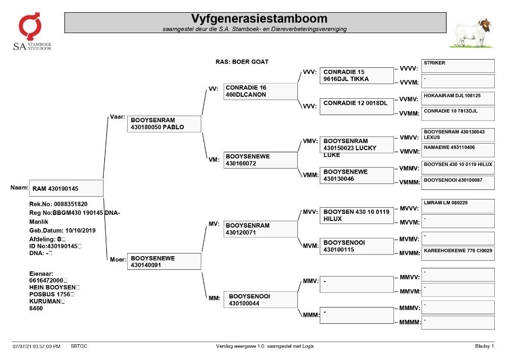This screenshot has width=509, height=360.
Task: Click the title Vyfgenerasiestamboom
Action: point(259,18)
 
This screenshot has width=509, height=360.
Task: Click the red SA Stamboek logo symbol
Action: point(30,26)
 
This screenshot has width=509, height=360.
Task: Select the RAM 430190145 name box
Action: point(66,188)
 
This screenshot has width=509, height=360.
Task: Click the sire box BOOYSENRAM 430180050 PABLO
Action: point(164,124)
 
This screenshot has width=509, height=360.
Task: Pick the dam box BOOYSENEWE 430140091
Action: point(164,261)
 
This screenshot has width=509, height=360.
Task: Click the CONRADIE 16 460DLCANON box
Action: point(260,91)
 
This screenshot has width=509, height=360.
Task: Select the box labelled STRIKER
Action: point(458,66)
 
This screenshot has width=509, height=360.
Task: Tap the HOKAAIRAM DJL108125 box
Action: point(458,98)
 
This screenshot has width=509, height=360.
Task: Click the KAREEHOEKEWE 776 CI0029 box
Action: point(458,254)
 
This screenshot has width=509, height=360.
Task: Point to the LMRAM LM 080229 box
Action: point(458,206)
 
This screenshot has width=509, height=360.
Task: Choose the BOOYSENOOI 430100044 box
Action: point(260,299)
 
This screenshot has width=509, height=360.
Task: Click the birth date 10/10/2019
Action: point(80,231)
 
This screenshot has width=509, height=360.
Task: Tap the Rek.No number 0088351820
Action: point(71,204)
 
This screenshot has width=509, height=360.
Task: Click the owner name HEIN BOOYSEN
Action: point(52,287)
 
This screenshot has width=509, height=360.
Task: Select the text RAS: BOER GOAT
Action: point(242,62)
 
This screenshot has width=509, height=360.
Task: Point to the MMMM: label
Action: point(410,322)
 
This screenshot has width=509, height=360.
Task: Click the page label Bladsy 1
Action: point(485,346)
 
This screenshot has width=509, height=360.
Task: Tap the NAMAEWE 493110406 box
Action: point(458,150)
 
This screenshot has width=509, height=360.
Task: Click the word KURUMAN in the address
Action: point(45,301)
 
